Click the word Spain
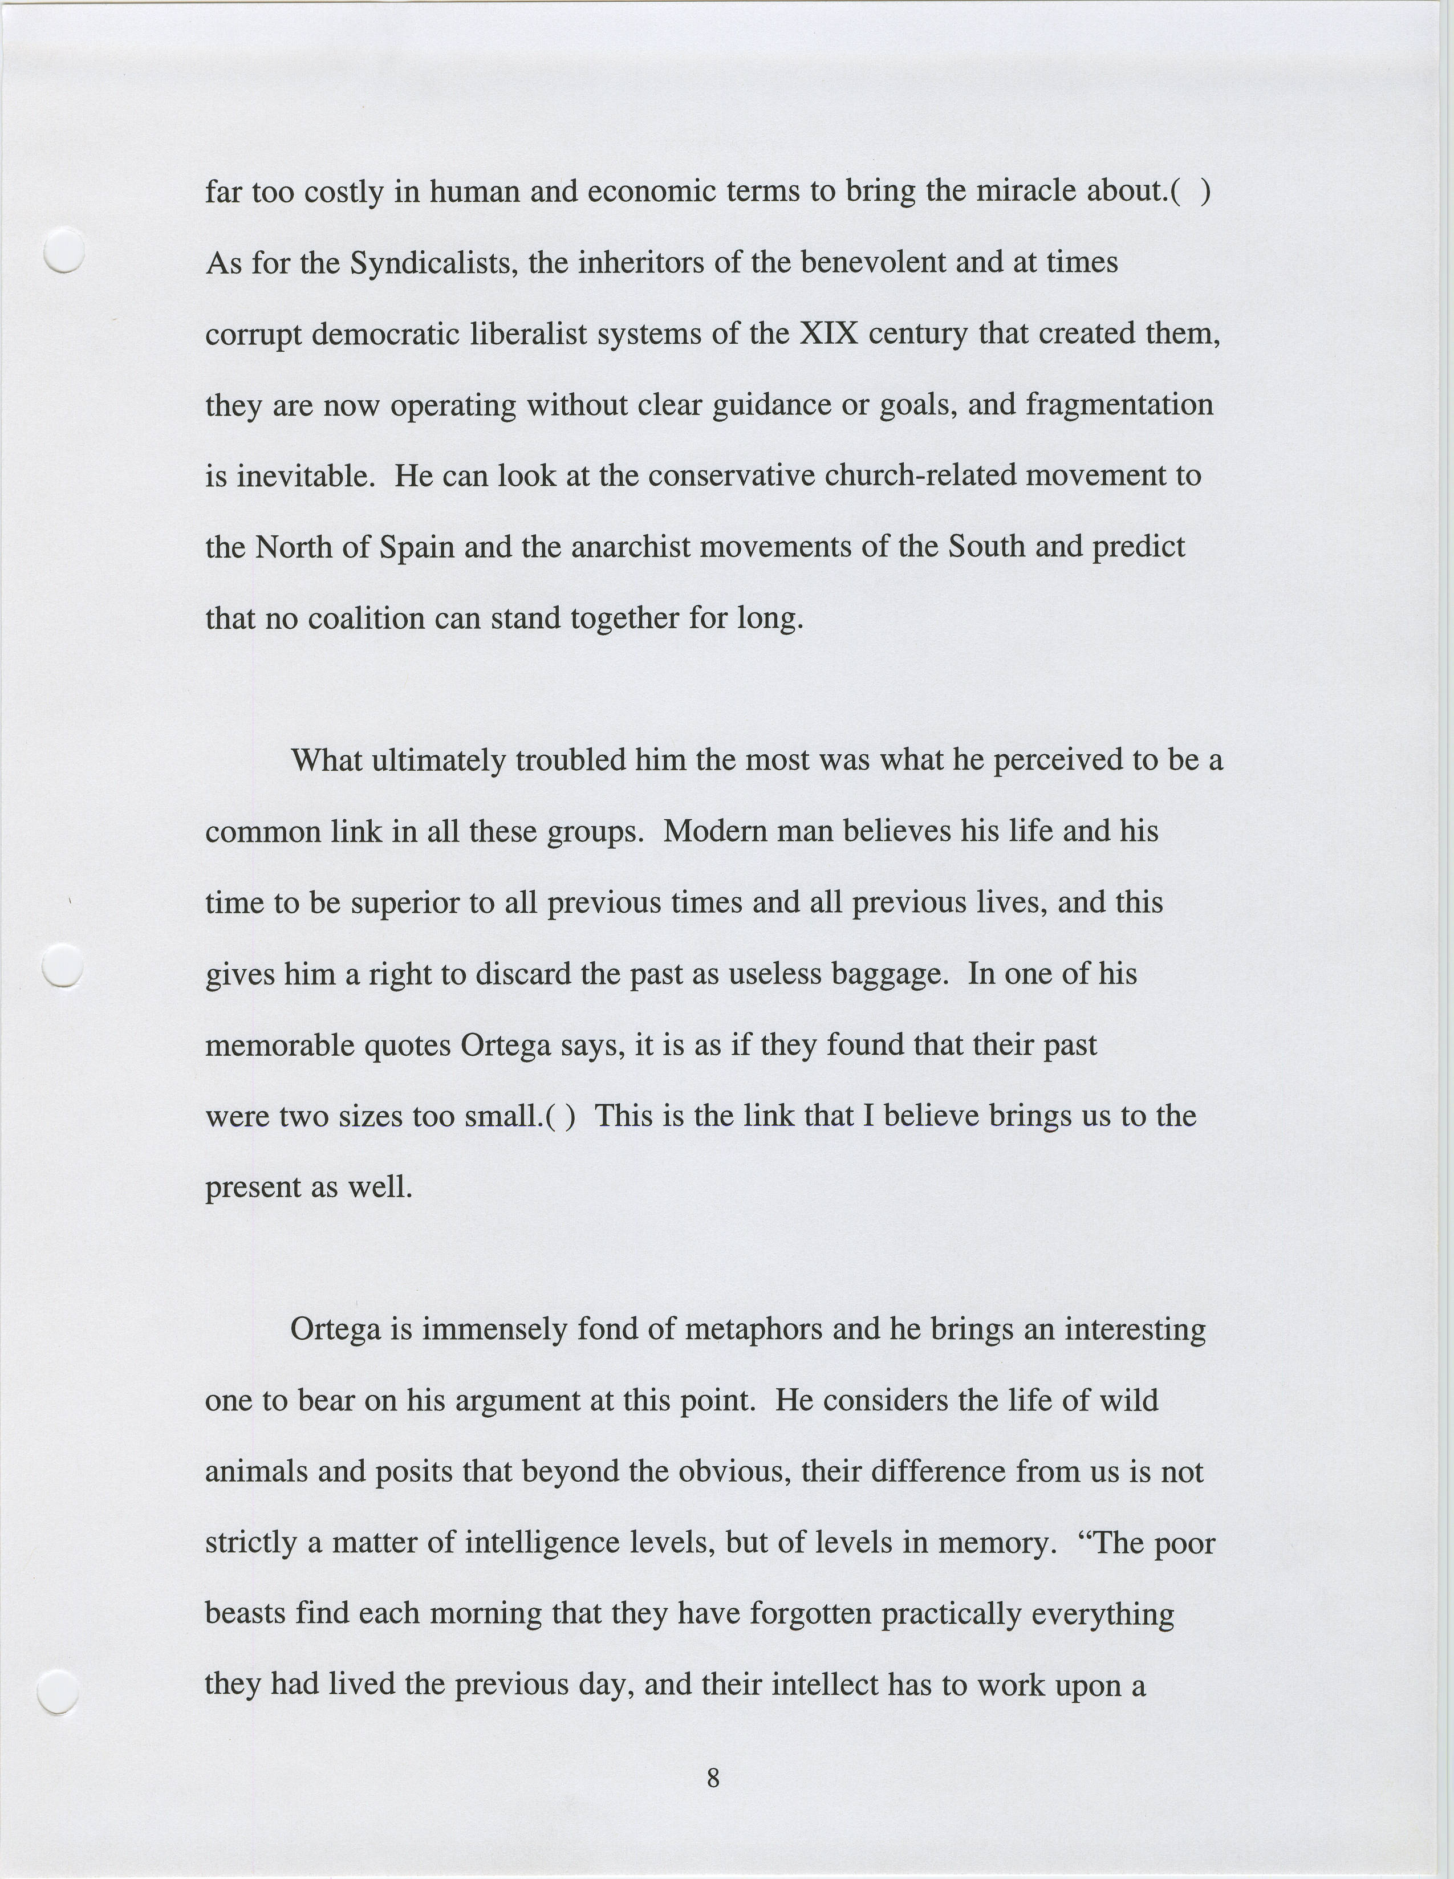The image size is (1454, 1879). [416, 547]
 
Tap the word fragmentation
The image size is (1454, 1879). [1119, 404]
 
